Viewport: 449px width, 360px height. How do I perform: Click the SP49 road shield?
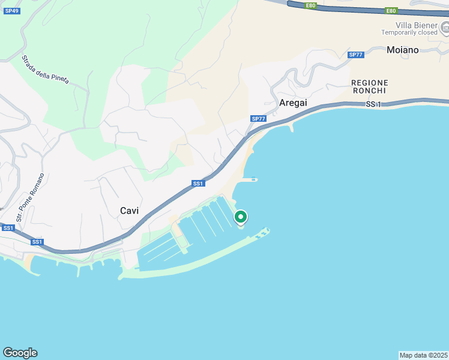[11, 11]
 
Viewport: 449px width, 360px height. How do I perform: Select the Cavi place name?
[130, 211]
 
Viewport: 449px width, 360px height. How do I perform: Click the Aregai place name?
[293, 103]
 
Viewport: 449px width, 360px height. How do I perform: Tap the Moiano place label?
[403, 50]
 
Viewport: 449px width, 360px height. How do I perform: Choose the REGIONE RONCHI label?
[370, 86]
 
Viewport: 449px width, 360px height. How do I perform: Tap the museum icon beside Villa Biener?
[445, 27]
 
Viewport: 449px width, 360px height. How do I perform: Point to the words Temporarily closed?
[409, 32]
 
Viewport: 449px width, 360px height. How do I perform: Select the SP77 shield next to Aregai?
[258, 119]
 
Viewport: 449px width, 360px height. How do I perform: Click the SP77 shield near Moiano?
[355, 55]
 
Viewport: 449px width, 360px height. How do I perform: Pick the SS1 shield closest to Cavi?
[199, 184]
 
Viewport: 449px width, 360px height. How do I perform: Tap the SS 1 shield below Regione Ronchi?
[373, 104]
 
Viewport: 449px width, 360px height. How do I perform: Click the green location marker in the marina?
[241, 217]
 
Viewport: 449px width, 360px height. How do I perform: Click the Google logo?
[20, 353]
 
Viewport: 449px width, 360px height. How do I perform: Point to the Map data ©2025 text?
[424, 355]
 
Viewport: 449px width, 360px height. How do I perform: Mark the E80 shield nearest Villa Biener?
[391, 11]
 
